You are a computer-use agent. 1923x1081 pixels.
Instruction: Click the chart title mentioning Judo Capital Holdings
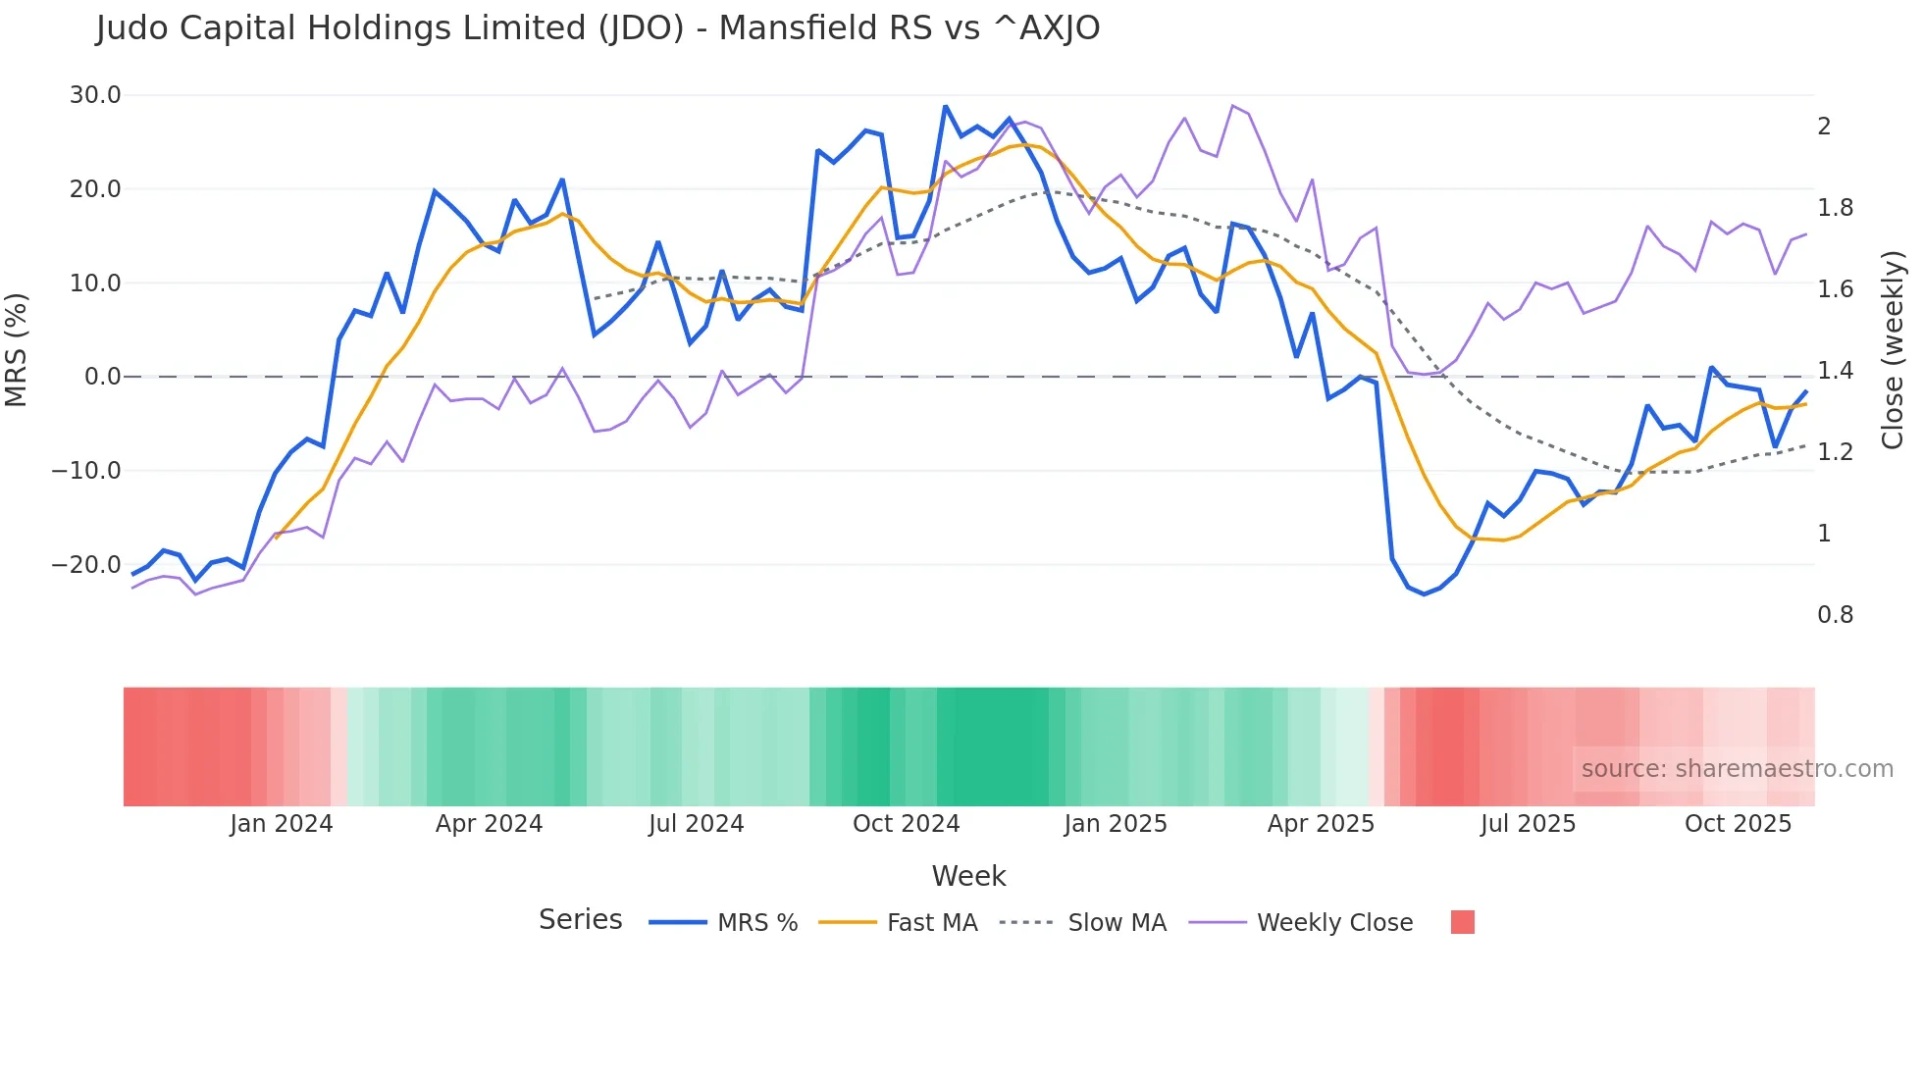(598, 28)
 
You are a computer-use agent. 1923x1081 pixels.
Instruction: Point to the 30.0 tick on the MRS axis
(95, 95)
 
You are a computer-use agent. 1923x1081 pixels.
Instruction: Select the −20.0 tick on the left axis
(86, 565)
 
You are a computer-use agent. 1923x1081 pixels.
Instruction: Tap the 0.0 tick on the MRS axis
(102, 377)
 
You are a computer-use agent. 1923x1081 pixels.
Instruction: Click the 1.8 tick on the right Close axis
(1837, 208)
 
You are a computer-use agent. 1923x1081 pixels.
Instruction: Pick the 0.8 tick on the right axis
(1835, 615)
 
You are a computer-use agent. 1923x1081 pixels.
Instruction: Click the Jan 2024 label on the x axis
(282, 824)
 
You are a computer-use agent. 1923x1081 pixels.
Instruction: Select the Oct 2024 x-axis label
(906, 824)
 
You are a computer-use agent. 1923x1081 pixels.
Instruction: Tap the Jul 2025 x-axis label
(1528, 824)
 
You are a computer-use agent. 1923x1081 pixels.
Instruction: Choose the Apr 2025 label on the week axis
(1321, 824)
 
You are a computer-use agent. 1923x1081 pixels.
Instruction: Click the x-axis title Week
(968, 876)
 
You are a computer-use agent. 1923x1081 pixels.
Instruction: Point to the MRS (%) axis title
(17, 349)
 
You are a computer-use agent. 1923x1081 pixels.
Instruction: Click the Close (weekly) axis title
(1893, 350)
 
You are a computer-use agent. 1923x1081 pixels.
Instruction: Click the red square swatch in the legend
(1462, 922)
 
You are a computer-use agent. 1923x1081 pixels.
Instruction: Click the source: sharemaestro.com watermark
(1737, 769)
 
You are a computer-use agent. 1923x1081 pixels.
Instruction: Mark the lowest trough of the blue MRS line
(1425, 594)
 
